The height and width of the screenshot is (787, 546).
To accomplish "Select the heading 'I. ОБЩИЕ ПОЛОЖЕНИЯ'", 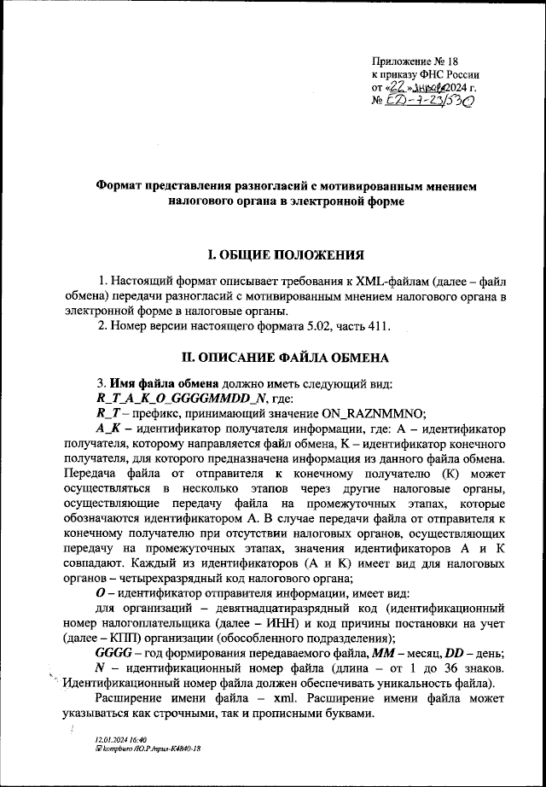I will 273,255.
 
